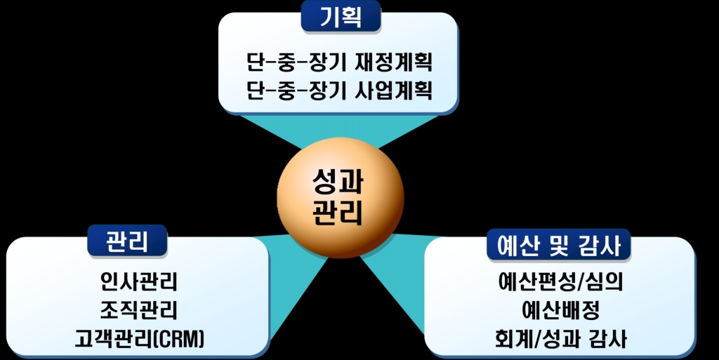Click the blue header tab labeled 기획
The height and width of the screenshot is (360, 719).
point(341,17)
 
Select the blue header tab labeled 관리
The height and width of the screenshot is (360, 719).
point(127,241)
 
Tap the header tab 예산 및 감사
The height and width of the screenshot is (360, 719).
point(558,245)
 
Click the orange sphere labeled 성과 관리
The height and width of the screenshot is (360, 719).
point(341,197)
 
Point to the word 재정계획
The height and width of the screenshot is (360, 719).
point(394,62)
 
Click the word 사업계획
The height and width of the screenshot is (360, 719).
point(394,90)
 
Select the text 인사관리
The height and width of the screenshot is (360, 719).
point(138,281)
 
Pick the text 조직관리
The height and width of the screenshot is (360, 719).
point(138,310)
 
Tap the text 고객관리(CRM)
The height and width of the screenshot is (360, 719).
point(140,339)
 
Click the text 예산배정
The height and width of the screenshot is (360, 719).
point(560,311)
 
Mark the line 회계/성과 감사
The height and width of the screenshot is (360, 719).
point(560,340)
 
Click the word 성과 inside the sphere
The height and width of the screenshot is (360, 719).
point(338,182)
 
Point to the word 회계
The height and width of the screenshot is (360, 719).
point(514,340)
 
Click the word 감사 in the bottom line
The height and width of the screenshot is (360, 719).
point(607,340)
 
